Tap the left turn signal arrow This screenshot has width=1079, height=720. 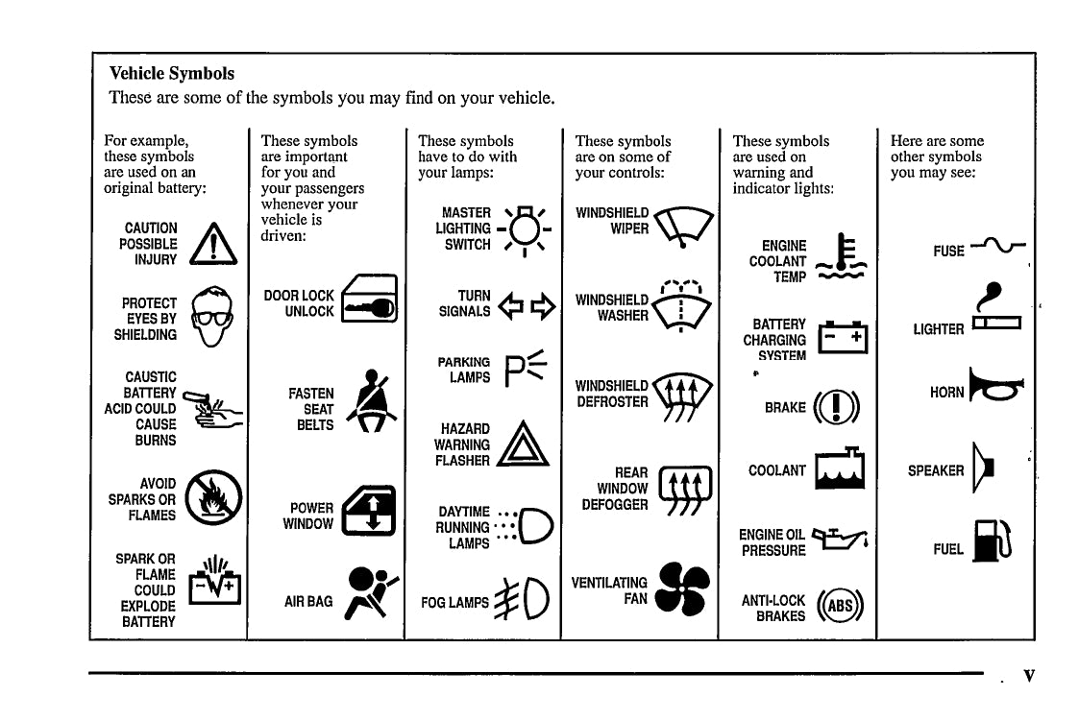(511, 304)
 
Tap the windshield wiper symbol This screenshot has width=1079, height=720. (683, 227)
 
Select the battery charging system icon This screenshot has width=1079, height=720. (842, 339)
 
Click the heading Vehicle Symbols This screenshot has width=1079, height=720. (172, 73)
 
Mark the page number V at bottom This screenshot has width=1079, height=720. (1029, 676)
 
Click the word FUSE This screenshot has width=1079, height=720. (948, 252)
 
